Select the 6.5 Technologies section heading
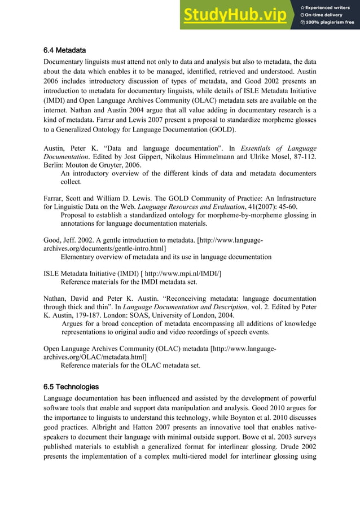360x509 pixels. pyautogui.click(x=71, y=387)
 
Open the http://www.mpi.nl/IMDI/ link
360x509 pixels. pyautogui.click(x=186, y=274)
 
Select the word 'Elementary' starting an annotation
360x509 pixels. pyautogui.click(x=78, y=257)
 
